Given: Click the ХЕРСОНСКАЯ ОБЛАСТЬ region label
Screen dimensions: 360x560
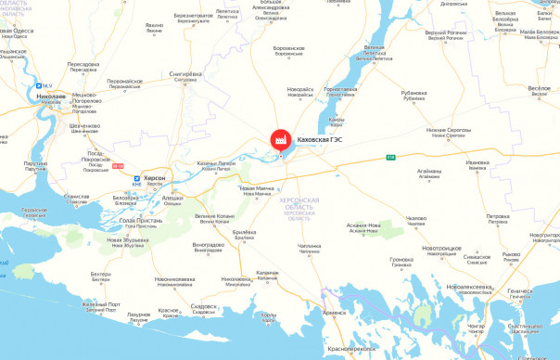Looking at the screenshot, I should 301,204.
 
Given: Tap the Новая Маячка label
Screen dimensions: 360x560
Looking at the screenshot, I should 258,188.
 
